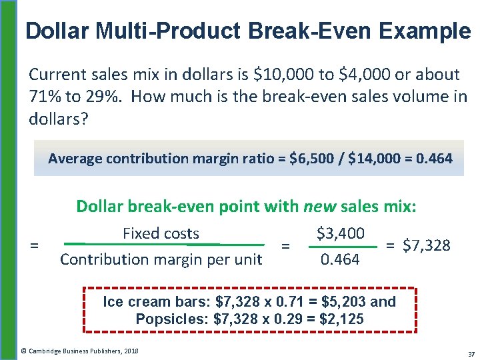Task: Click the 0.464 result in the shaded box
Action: (433, 159)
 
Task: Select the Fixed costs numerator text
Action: (161, 233)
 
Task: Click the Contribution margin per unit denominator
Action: (161, 259)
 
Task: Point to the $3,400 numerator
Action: (340, 233)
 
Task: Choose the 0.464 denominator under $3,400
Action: (340, 259)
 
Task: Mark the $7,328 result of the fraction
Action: (427, 246)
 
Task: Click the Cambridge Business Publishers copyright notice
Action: (79, 350)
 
